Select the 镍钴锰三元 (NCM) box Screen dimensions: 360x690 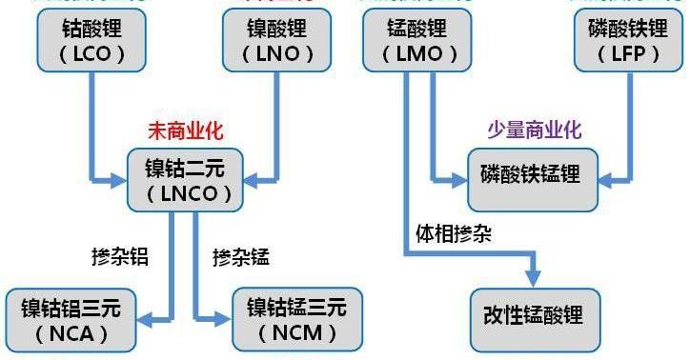coord(297,319)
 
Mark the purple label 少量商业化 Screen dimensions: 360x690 coord(535,129)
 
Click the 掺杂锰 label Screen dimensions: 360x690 coord(241,257)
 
